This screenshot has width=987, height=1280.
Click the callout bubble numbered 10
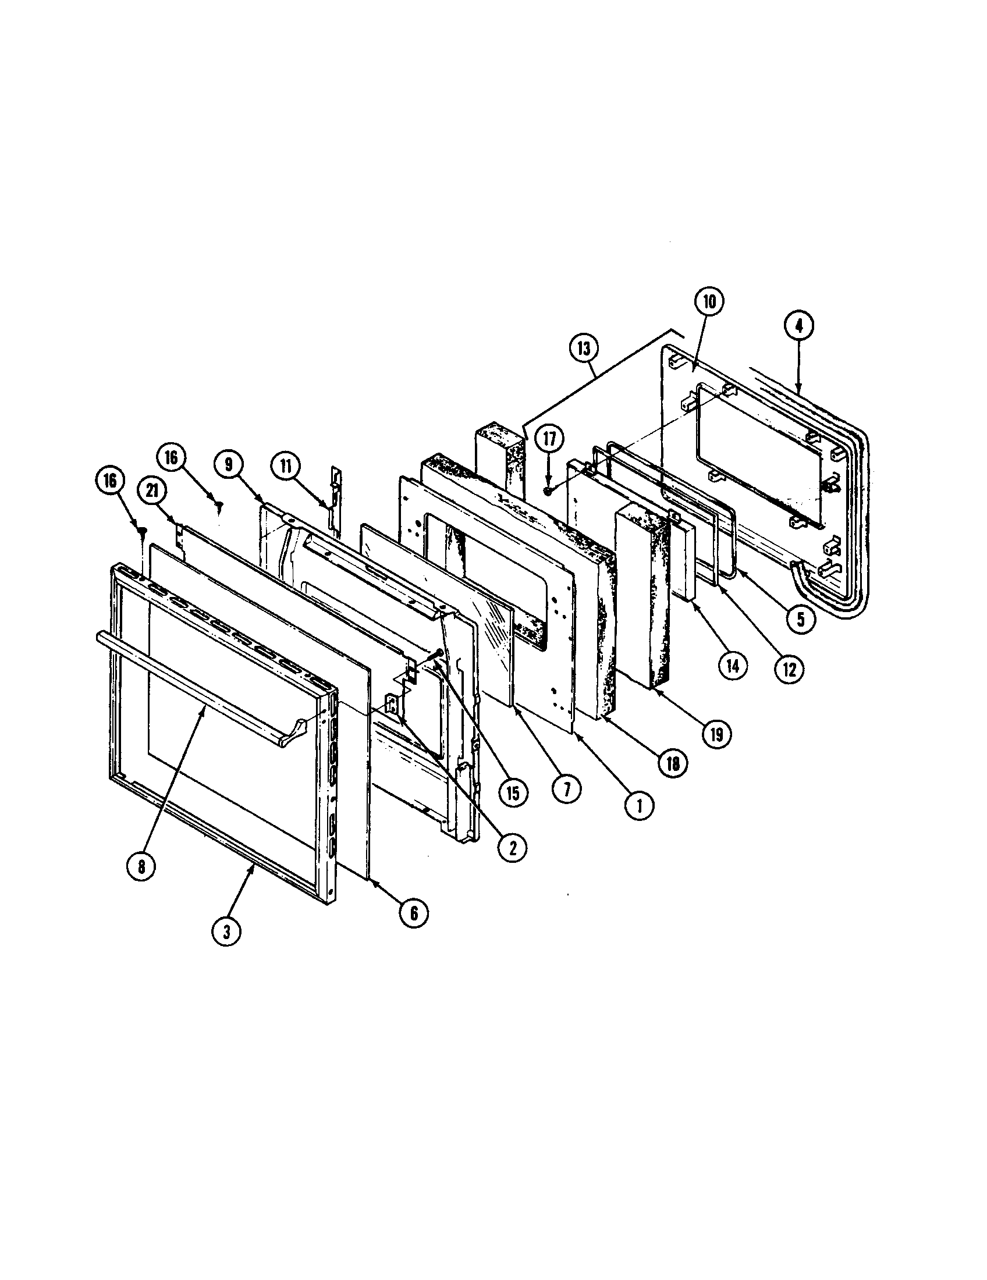tap(709, 302)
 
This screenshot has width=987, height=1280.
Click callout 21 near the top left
tap(152, 492)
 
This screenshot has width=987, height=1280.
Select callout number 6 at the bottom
tap(414, 913)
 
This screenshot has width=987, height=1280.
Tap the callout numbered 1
tap(639, 806)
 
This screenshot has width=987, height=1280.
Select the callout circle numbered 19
tap(718, 733)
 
